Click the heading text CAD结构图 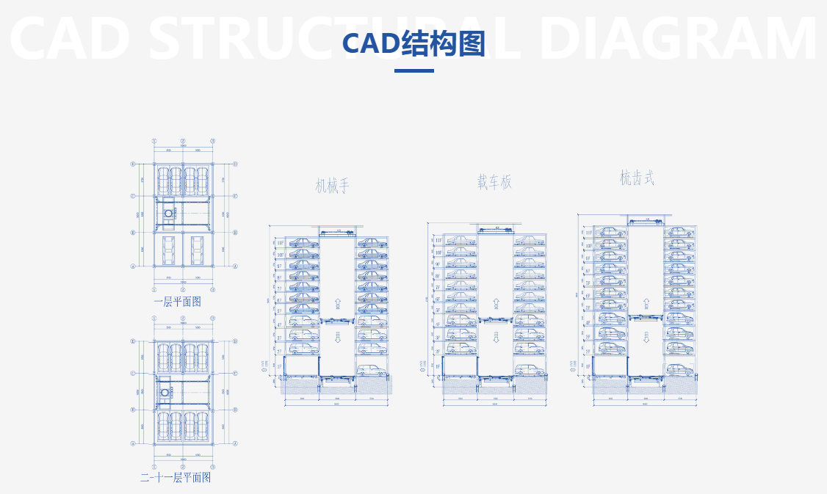[413, 43]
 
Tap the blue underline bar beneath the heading [413, 71]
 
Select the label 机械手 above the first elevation [333, 186]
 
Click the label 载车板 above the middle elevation [494, 182]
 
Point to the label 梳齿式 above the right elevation [637, 178]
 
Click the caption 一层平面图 [177, 301]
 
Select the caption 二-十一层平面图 [176, 477]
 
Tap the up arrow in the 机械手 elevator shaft [338, 303]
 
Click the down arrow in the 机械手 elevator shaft [338, 337]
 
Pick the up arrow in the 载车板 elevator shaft [496, 303]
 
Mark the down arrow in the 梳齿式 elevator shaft [646, 337]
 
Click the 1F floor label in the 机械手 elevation [279, 366]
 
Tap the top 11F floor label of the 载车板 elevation [438, 240]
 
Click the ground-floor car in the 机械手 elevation [372, 370]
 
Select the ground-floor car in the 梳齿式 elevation [679, 370]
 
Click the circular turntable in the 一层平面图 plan [169, 214]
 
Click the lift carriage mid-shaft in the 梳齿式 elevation [646, 317]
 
